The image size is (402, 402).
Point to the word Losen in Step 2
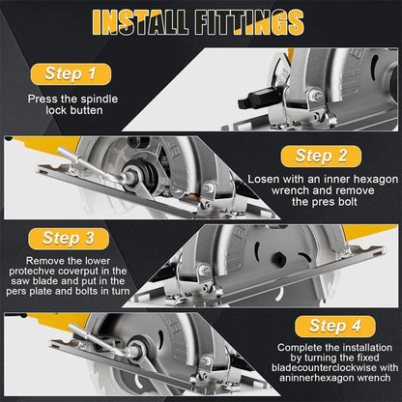pos(267,180)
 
